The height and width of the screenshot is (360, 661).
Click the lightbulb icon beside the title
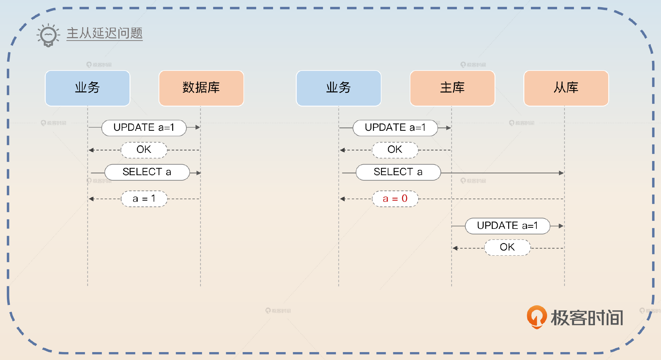(x=48, y=35)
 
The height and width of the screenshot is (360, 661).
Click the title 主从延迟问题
(x=104, y=33)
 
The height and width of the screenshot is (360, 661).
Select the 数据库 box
(x=201, y=88)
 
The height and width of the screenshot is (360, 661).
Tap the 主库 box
(x=452, y=88)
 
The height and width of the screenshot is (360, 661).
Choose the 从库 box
(x=566, y=88)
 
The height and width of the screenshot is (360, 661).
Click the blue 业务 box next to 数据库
(x=87, y=88)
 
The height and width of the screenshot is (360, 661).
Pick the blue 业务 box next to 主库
(x=338, y=88)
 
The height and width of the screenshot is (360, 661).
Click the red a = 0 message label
(x=395, y=199)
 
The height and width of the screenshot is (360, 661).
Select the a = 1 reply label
(x=144, y=199)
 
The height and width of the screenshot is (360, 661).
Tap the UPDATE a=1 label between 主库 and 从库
(x=507, y=226)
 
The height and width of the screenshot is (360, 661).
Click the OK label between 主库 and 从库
(x=507, y=247)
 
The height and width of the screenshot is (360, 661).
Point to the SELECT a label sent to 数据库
(x=147, y=172)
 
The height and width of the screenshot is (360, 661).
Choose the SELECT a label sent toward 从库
(x=398, y=172)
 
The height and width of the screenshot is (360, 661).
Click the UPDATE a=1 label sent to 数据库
(x=144, y=128)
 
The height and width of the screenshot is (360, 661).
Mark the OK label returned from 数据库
(x=144, y=150)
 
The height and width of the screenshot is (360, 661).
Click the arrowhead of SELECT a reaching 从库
(x=561, y=173)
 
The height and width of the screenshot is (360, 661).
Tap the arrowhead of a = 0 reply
(x=343, y=199)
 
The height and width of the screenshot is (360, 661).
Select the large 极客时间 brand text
(x=587, y=318)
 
